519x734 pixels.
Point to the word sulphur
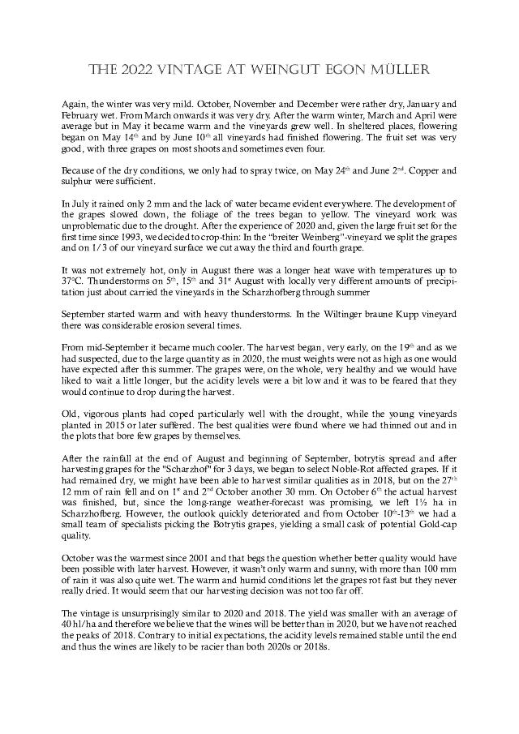click(79, 183)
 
